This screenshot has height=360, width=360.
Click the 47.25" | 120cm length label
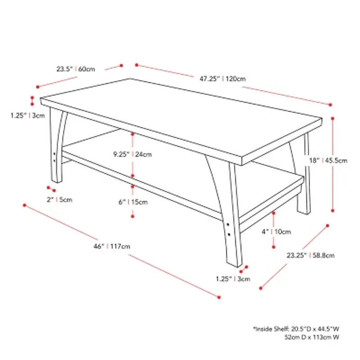[x=222, y=79]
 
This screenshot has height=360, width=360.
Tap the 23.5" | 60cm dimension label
[x=76, y=69]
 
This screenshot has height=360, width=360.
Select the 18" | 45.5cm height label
[x=328, y=161]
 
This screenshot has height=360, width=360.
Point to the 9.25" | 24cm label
[x=132, y=154]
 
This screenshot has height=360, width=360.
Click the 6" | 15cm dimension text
[x=133, y=202]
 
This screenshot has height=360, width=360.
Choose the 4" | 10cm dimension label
[x=276, y=232]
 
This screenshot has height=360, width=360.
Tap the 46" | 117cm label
[x=112, y=246]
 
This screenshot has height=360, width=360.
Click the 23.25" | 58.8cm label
[x=310, y=255]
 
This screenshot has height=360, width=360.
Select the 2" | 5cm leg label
[x=59, y=200]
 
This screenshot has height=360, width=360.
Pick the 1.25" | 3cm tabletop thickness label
[x=27, y=116]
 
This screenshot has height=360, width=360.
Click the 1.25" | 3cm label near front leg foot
[x=233, y=279]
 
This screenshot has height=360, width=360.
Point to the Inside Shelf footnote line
[x=296, y=329]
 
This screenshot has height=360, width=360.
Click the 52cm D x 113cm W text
[x=312, y=337]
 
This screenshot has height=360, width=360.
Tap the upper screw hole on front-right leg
[x=228, y=225]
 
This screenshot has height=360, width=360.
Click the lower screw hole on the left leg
[x=54, y=161]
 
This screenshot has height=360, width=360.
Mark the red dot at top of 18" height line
[x=333, y=118]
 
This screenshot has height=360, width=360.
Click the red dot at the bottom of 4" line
[x=274, y=247]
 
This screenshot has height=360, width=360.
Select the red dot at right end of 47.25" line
[x=330, y=105]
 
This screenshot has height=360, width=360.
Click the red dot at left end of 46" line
[x=25, y=205]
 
